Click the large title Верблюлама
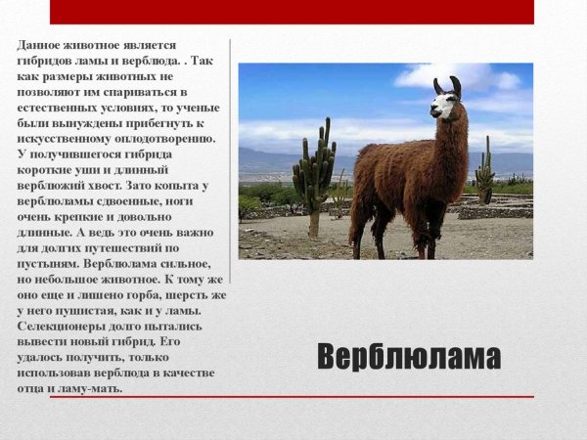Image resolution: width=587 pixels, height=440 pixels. point(409,357)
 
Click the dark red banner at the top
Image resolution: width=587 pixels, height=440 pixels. point(292,12)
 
